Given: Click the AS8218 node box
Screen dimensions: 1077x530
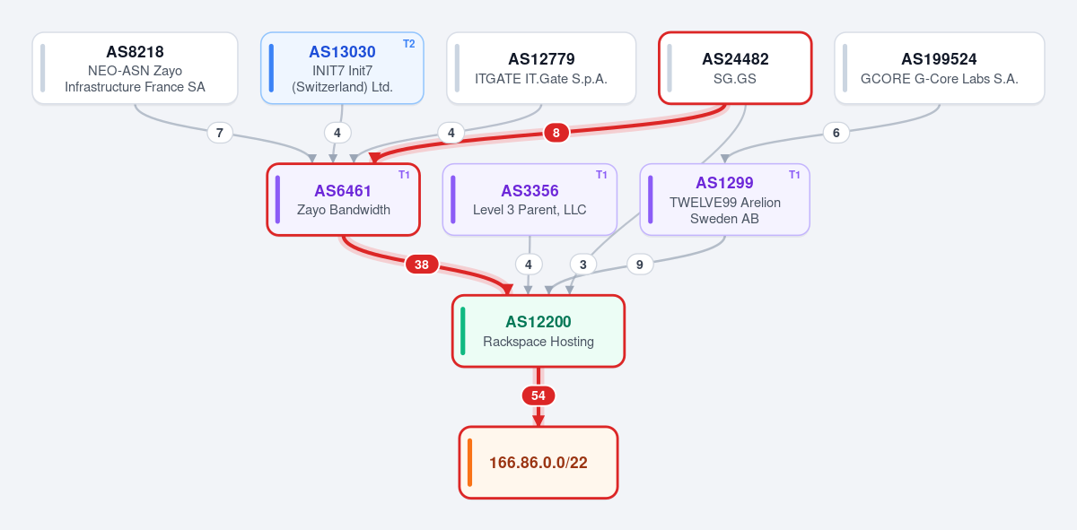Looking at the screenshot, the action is pos(136,68).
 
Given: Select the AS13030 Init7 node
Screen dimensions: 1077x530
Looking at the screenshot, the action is pos(342,68).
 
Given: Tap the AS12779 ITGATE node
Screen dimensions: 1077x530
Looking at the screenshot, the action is pos(541,68).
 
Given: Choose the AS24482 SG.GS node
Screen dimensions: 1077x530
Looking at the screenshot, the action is pos(735,68).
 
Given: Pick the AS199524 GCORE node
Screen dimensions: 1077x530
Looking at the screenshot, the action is pos(940,68).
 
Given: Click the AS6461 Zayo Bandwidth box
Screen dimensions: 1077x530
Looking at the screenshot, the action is pos(343,200).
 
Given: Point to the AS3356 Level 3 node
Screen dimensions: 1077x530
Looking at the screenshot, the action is pos(530,200).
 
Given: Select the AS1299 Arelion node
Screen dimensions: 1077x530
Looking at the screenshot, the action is pos(725,200).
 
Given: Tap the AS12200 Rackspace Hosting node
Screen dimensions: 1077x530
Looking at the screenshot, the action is pos(538,332).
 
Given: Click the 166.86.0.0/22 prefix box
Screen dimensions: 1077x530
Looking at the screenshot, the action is pos(538,463).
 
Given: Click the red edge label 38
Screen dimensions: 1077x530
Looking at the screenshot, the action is pos(422,265).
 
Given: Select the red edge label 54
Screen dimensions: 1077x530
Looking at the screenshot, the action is pos(538,395).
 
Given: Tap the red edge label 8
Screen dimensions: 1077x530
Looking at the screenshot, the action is pos(556,133).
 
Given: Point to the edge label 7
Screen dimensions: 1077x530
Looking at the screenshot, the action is pos(220,133).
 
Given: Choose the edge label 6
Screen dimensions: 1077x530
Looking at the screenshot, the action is pos(836,133).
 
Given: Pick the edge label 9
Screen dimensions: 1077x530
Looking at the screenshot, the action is pos(639,265).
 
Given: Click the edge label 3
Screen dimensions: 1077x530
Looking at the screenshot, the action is pos(583,265).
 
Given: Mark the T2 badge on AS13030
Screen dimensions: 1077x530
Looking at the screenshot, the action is pos(408,44).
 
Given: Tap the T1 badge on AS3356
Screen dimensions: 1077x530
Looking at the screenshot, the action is pos(601,175).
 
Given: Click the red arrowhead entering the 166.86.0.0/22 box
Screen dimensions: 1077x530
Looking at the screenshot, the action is pos(538,421).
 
